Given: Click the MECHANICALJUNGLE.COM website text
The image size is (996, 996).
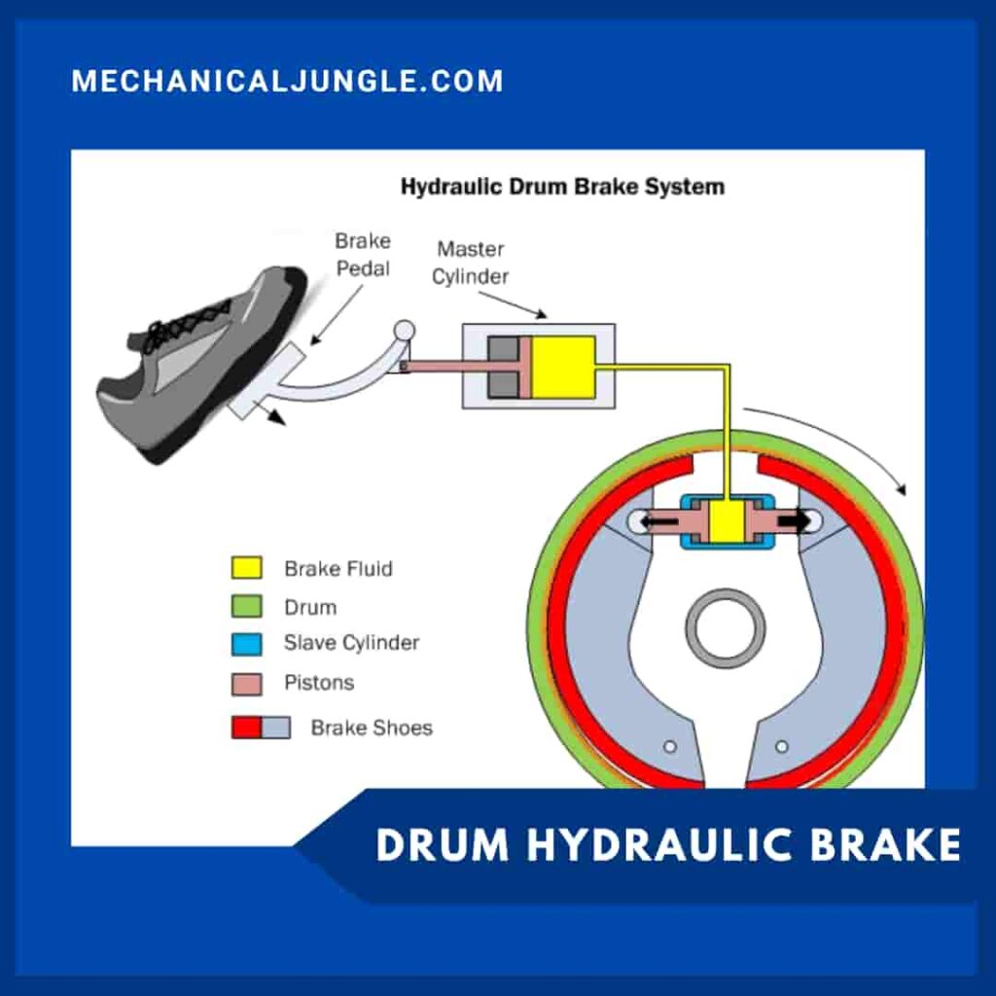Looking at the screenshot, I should pyautogui.click(x=287, y=81).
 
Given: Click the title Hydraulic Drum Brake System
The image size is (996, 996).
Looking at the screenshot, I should pyautogui.click(x=562, y=186).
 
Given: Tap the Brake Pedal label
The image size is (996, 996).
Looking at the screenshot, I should pyautogui.click(x=362, y=253).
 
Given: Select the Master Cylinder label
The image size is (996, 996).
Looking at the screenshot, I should pyautogui.click(x=471, y=263).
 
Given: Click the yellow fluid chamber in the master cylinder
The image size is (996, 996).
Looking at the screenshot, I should pyautogui.click(x=562, y=367).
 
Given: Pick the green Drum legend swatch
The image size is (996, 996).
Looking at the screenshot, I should pyautogui.click(x=247, y=607).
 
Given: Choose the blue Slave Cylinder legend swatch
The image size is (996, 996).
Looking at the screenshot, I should pyautogui.click(x=247, y=644).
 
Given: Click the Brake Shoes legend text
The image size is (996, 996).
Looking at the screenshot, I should pyautogui.click(x=372, y=728).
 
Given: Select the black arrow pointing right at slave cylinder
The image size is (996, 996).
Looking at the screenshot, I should pyautogui.click(x=795, y=521).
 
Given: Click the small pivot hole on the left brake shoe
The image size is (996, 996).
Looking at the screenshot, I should pyautogui.click(x=669, y=747).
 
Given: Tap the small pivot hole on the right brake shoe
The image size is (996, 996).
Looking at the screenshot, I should pyautogui.click(x=780, y=747).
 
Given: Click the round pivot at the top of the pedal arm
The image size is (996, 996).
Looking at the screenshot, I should pyautogui.click(x=403, y=331).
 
